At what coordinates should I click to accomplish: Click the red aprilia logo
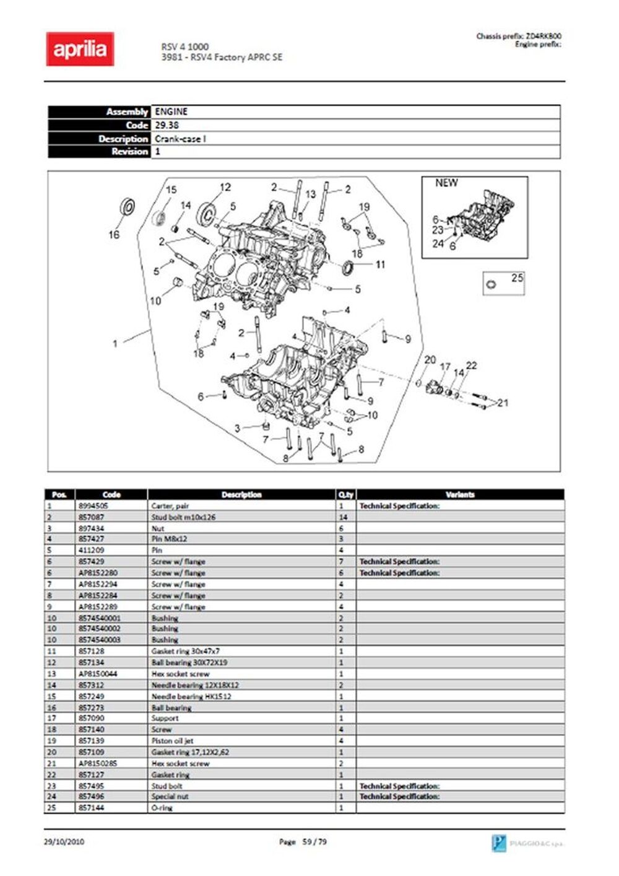(x=80, y=49)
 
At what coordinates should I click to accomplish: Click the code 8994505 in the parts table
(x=93, y=506)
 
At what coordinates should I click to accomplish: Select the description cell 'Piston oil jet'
(x=171, y=741)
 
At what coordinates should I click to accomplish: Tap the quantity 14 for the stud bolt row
(x=343, y=517)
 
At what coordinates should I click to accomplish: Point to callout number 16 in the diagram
(x=114, y=235)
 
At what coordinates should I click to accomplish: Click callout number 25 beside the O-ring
(x=517, y=278)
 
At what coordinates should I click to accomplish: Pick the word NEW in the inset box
(x=446, y=183)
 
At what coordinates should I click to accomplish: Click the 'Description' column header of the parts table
(x=241, y=494)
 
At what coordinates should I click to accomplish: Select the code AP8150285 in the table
(x=98, y=763)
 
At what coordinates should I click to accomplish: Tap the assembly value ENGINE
(x=171, y=112)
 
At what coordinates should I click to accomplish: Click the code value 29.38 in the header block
(x=167, y=125)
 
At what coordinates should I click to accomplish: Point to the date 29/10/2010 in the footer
(x=64, y=842)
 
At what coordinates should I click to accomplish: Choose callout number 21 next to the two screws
(x=503, y=403)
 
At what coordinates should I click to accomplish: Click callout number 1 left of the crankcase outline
(x=115, y=344)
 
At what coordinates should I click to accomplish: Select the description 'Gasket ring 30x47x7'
(x=186, y=651)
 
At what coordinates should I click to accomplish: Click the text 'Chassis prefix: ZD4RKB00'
(x=519, y=36)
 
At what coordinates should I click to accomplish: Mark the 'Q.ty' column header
(x=345, y=494)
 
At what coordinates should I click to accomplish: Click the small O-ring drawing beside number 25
(x=491, y=284)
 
